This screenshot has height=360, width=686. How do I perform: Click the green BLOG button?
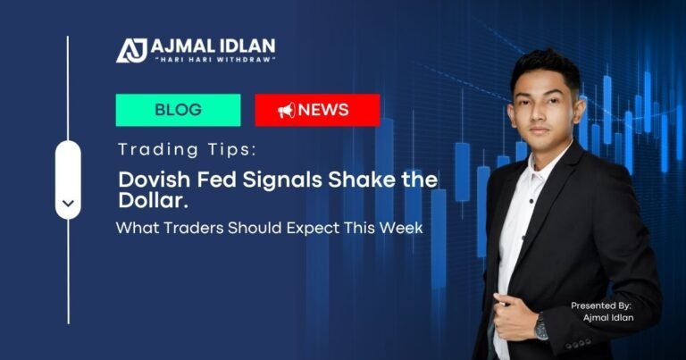pyautogui.click(x=178, y=110)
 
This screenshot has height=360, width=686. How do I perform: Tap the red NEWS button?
pyautogui.click(x=317, y=110)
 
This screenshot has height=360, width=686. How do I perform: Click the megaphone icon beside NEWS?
pyautogui.click(x=286, y=111)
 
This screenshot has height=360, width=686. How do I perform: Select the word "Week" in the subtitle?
pyautogui.click(x=401, y=228)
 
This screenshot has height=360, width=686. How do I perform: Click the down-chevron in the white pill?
pyautogui.click(x=68, y=204)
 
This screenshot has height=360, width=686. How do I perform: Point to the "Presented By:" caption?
pyautogui.click(x=600, y=306)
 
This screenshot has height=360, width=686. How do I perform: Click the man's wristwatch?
pyautogui.click(x=541, y=328)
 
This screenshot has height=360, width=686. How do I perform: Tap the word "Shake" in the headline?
pyautogui.click(x=342, y=180)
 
